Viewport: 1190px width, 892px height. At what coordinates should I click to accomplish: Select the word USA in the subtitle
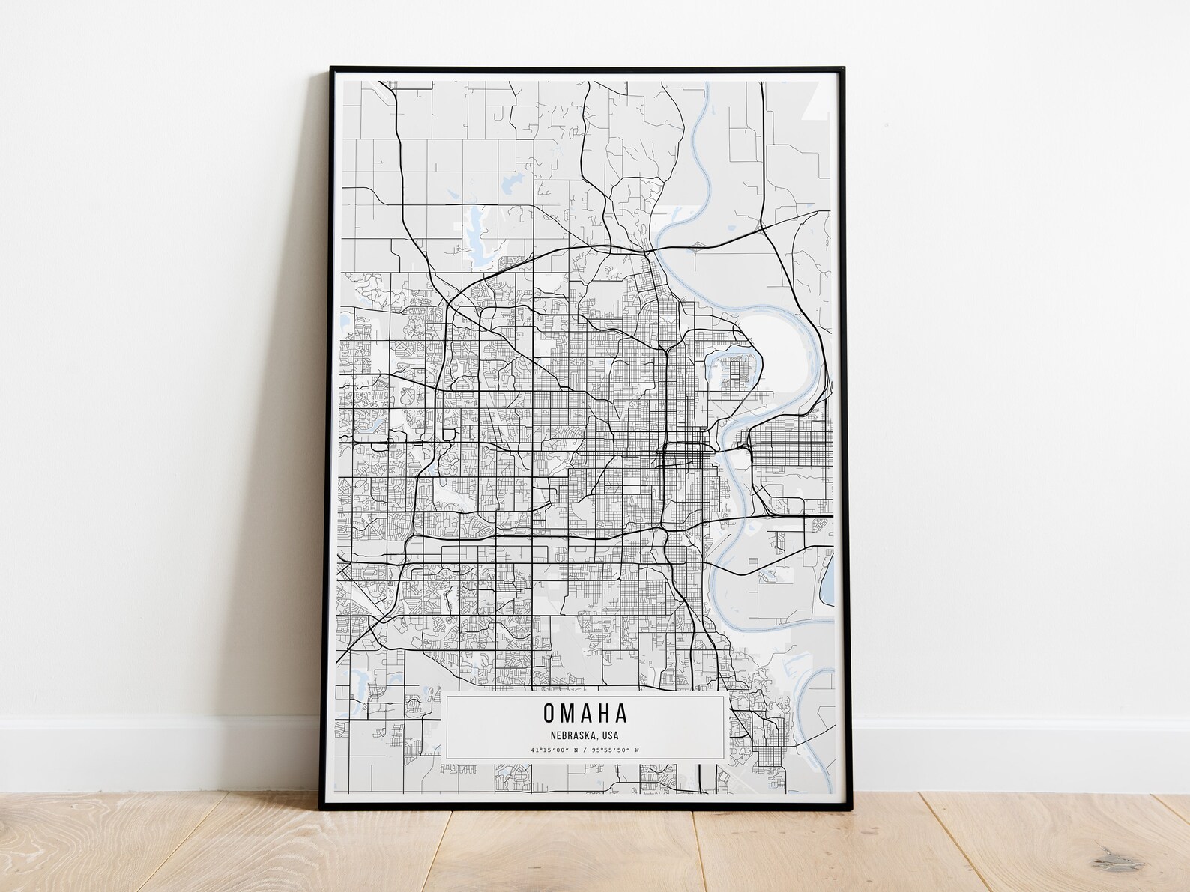click(x=609, y=735)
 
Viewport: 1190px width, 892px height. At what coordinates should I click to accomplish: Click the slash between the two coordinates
click(x=587, y=750)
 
